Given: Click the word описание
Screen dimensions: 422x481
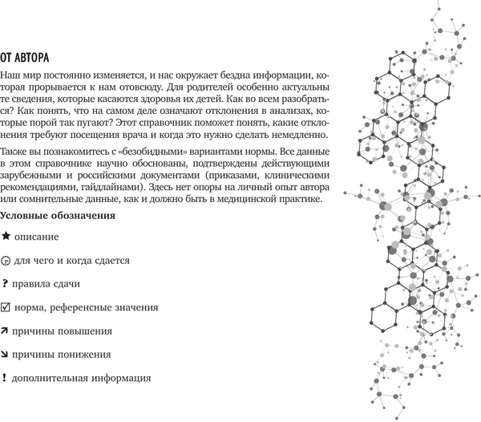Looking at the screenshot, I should (x=38, y=238).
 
